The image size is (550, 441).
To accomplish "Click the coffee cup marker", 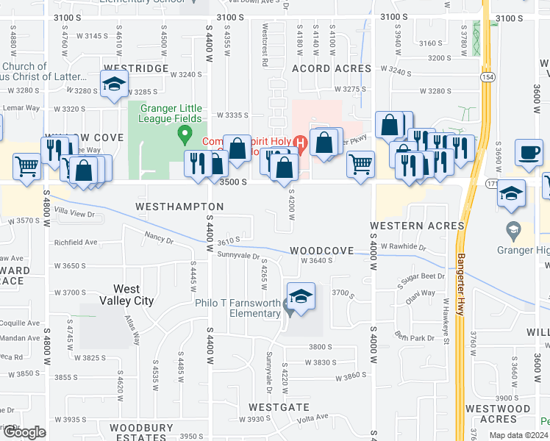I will click(528, 153).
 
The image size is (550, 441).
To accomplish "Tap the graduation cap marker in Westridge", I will click(114, 85).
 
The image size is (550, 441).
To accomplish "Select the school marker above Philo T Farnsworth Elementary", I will click(300, 296).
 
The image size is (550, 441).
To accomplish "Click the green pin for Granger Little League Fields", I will click(185, 135).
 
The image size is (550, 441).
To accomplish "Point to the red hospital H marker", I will click(299, 141).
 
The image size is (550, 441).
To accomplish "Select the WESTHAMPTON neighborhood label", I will click(179, 207).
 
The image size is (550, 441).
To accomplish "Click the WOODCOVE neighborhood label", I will click(322, 251).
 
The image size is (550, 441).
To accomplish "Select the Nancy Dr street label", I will click(159, 238).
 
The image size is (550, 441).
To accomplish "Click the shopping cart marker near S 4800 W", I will click(26, 166).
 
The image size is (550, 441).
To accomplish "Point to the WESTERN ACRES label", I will click(417, 225).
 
